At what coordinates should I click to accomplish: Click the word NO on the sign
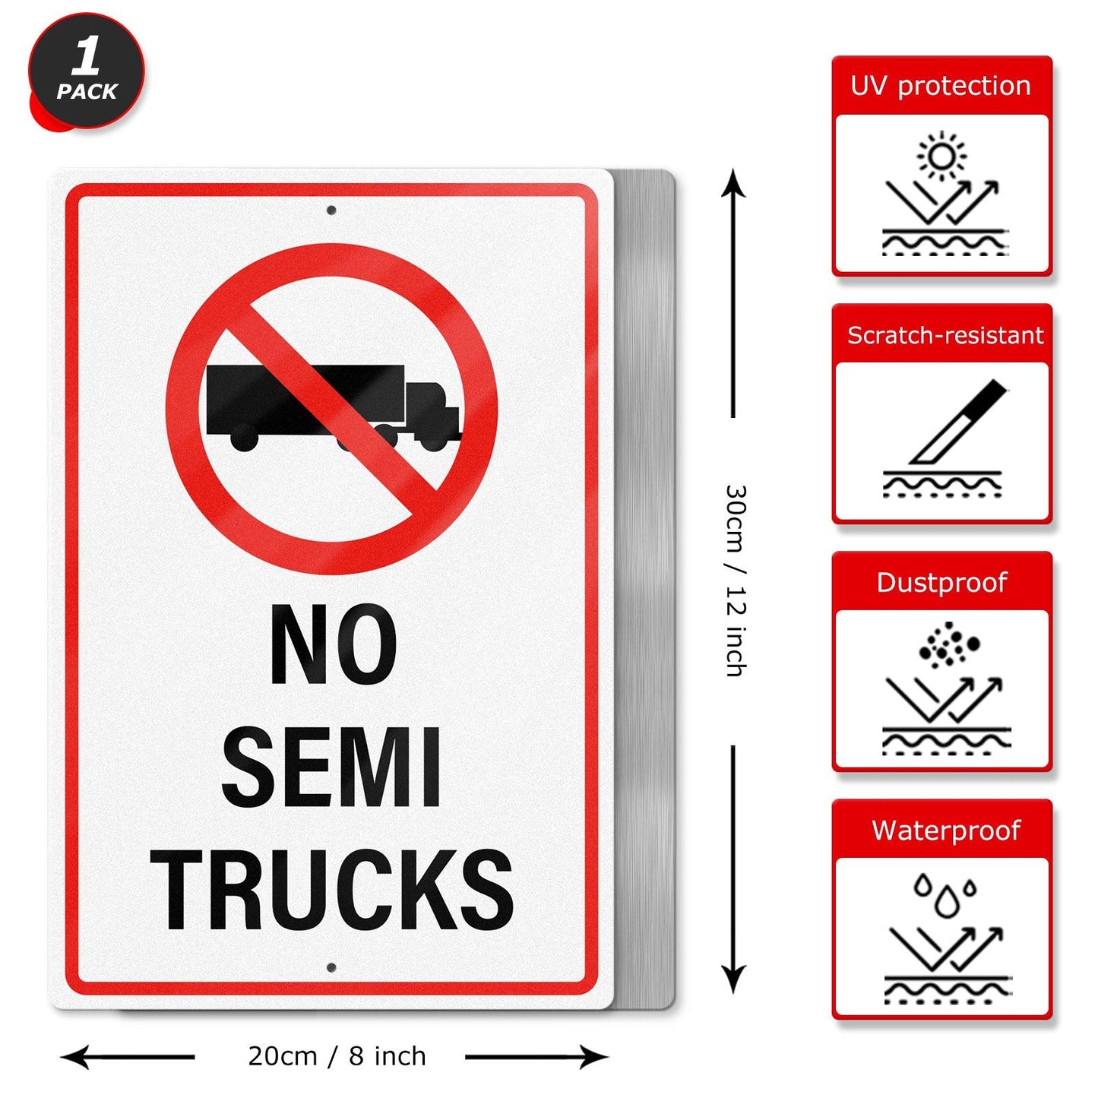[333, 645]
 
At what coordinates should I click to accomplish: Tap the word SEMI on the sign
[331, 767]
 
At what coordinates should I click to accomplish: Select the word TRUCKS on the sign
[332, 889]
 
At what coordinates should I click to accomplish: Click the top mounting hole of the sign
[331, 210]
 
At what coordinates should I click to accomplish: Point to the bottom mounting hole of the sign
[331, 967]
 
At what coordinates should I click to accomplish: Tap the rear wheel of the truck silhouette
[244, 439]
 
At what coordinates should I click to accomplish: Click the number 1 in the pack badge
[87, 57]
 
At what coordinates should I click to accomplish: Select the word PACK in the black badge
[87, 92]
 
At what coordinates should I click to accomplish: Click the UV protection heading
[941, 86]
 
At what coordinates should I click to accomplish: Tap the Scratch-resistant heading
[945, 335]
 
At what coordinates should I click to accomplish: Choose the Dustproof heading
[941, 582]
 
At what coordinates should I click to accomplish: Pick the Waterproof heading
[945, 830]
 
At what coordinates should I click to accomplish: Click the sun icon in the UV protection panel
[941, 156]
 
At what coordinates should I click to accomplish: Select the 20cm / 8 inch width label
[337, 1056]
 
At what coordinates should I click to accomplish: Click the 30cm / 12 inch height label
[735, 581]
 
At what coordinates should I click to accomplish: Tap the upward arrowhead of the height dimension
[733, 182]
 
